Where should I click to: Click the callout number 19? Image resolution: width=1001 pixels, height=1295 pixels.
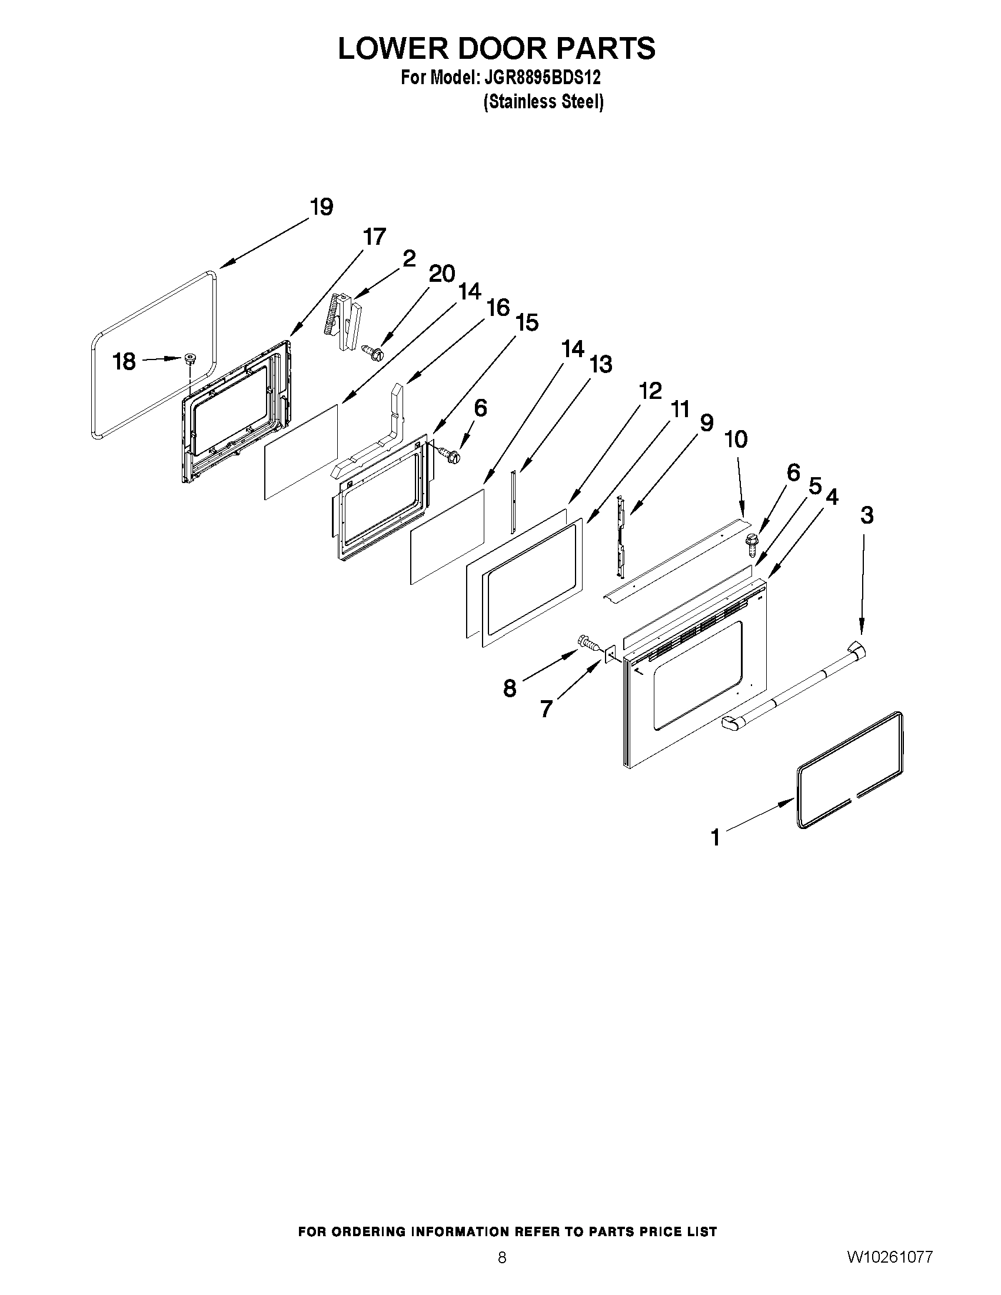point(321,208)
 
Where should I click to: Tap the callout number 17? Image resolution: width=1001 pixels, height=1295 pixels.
point(374,237)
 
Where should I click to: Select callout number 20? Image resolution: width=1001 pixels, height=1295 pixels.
point(442,274)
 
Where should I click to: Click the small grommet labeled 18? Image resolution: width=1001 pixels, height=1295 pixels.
point(190,358)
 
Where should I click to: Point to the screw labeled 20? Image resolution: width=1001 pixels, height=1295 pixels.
point(373,352)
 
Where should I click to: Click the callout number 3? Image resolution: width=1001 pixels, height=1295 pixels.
point(866,515)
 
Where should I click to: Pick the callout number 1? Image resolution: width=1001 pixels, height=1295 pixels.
point(715,838)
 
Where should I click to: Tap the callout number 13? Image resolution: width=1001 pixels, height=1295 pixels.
point(600,364)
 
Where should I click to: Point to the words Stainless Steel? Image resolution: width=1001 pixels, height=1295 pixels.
point(544,102)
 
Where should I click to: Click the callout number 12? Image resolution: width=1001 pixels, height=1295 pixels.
point(650,391)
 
